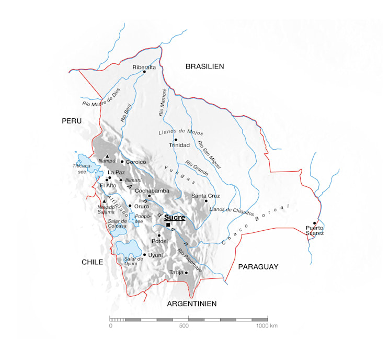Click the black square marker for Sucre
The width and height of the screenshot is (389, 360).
[168, 225]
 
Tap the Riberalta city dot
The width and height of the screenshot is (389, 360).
[144, 72]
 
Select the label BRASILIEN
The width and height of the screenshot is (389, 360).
[204, 66]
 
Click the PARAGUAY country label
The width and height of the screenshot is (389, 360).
[258, 267]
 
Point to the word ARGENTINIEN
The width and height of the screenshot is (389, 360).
[191, 303]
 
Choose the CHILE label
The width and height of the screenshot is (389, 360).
[92, 262]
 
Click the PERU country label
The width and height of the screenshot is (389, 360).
[72, 121]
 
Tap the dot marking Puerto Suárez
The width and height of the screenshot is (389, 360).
[315, 223]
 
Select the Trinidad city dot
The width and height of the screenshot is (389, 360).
[176, 139]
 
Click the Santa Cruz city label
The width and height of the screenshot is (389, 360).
[205, 196]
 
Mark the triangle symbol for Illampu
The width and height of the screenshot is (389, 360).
[107, 156]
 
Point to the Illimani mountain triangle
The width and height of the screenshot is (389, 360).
[121, 180]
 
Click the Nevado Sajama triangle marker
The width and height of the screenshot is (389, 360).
[104, 201]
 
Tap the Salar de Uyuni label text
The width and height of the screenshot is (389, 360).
[133, 261]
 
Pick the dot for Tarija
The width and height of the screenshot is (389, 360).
[186, 272]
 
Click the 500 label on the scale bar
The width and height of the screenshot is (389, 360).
[184, 326]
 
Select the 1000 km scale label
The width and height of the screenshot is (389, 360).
[267, 326]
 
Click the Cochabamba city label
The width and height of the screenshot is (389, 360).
[152, 191]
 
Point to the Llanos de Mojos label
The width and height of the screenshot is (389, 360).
[180, 132]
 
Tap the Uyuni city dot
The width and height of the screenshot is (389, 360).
[144, 255]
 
